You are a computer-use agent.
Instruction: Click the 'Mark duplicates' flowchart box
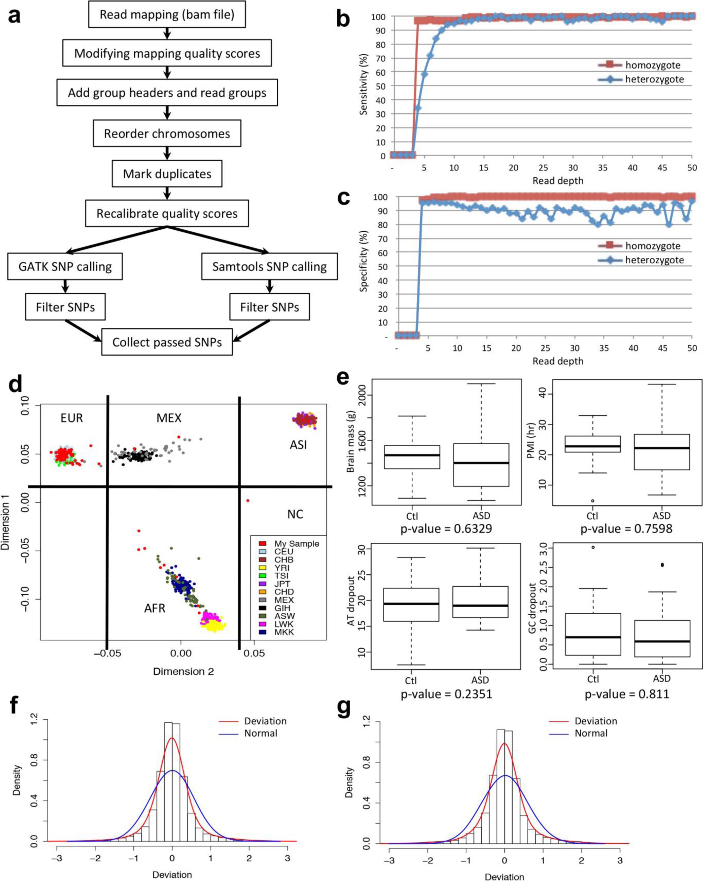(167, 174)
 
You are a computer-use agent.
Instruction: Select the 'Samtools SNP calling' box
(269, 266)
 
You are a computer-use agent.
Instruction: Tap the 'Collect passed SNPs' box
(167, 342)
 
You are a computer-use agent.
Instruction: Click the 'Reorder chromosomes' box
(167, 134)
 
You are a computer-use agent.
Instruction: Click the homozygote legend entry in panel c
(652, 245)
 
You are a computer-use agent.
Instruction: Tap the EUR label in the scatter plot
(71, 418)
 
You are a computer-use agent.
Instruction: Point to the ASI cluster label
(298, 445)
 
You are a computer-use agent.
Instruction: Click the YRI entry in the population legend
(282, 568)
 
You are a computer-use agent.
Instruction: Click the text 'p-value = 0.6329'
(446, 528)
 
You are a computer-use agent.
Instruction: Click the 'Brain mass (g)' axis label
(350, 443)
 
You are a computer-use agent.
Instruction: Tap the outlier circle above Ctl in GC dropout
(593, 547)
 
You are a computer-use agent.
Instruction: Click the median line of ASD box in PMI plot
(662, 448)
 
